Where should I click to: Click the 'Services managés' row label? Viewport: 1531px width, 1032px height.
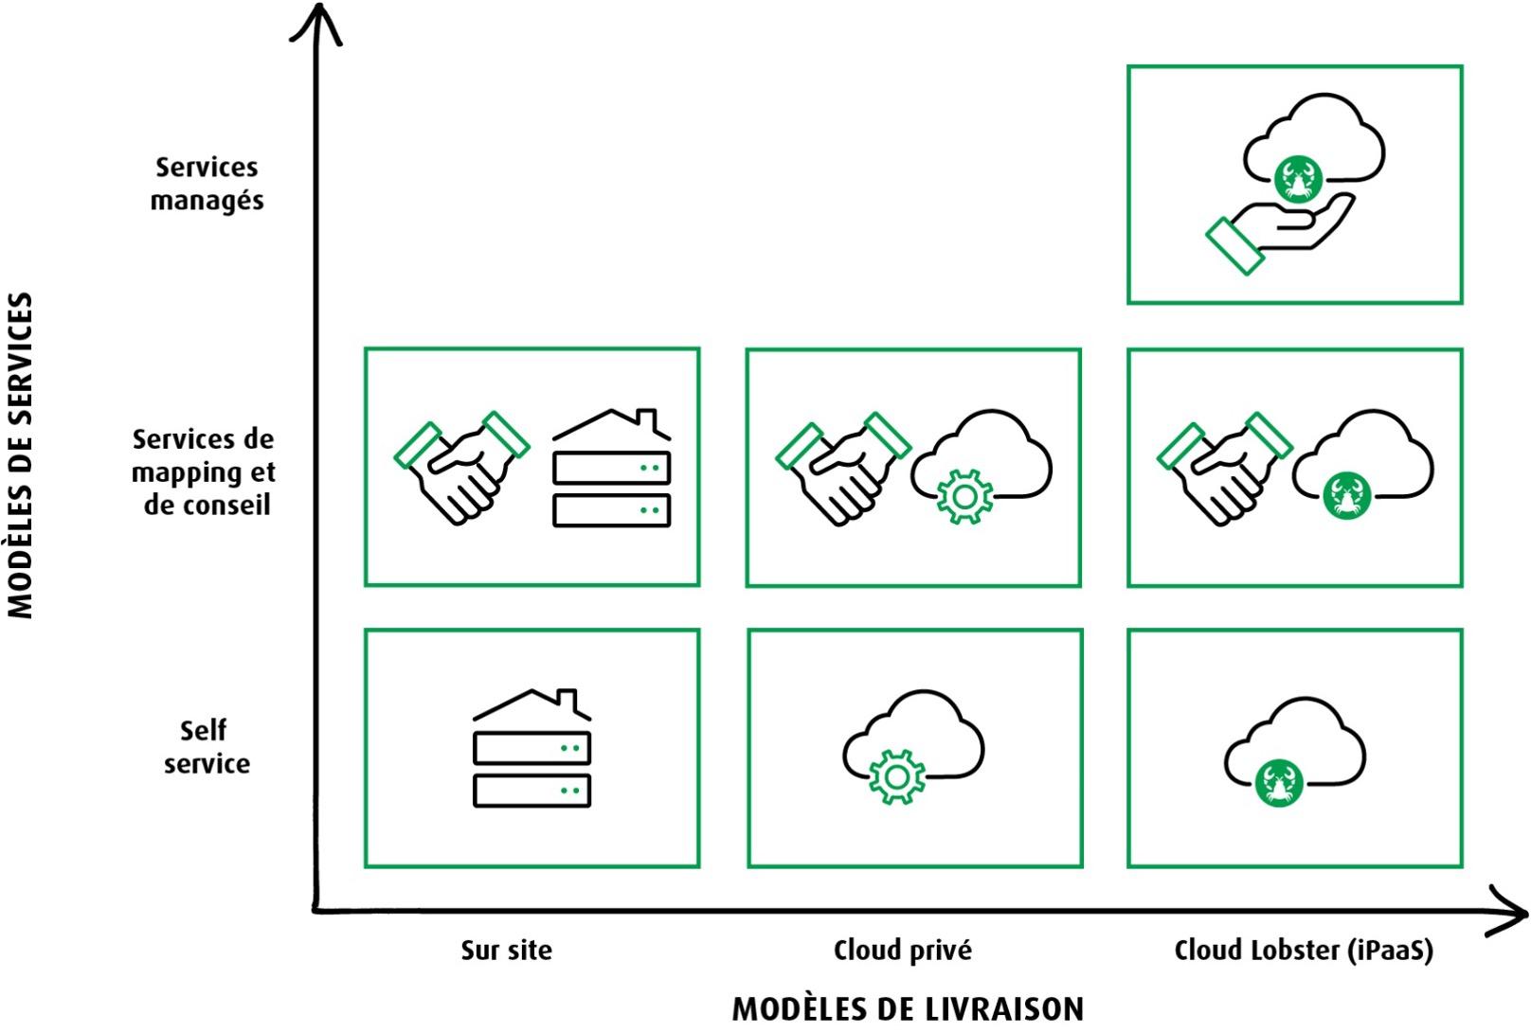207,184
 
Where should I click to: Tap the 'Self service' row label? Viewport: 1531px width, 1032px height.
207,747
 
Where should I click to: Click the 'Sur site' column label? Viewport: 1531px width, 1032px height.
506,950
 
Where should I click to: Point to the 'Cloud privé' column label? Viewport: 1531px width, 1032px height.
902,950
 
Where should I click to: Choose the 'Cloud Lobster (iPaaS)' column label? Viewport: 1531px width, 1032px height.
1303,950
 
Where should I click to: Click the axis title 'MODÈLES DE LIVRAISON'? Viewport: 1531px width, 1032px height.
908,1008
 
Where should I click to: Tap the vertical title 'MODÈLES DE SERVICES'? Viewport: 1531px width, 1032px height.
21,454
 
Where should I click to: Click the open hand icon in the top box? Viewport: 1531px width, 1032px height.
1279,232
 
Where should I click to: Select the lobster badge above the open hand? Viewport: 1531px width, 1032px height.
1297,178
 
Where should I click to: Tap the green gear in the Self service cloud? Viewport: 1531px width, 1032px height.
895,776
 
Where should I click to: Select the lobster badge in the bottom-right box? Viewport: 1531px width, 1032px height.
1279,783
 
